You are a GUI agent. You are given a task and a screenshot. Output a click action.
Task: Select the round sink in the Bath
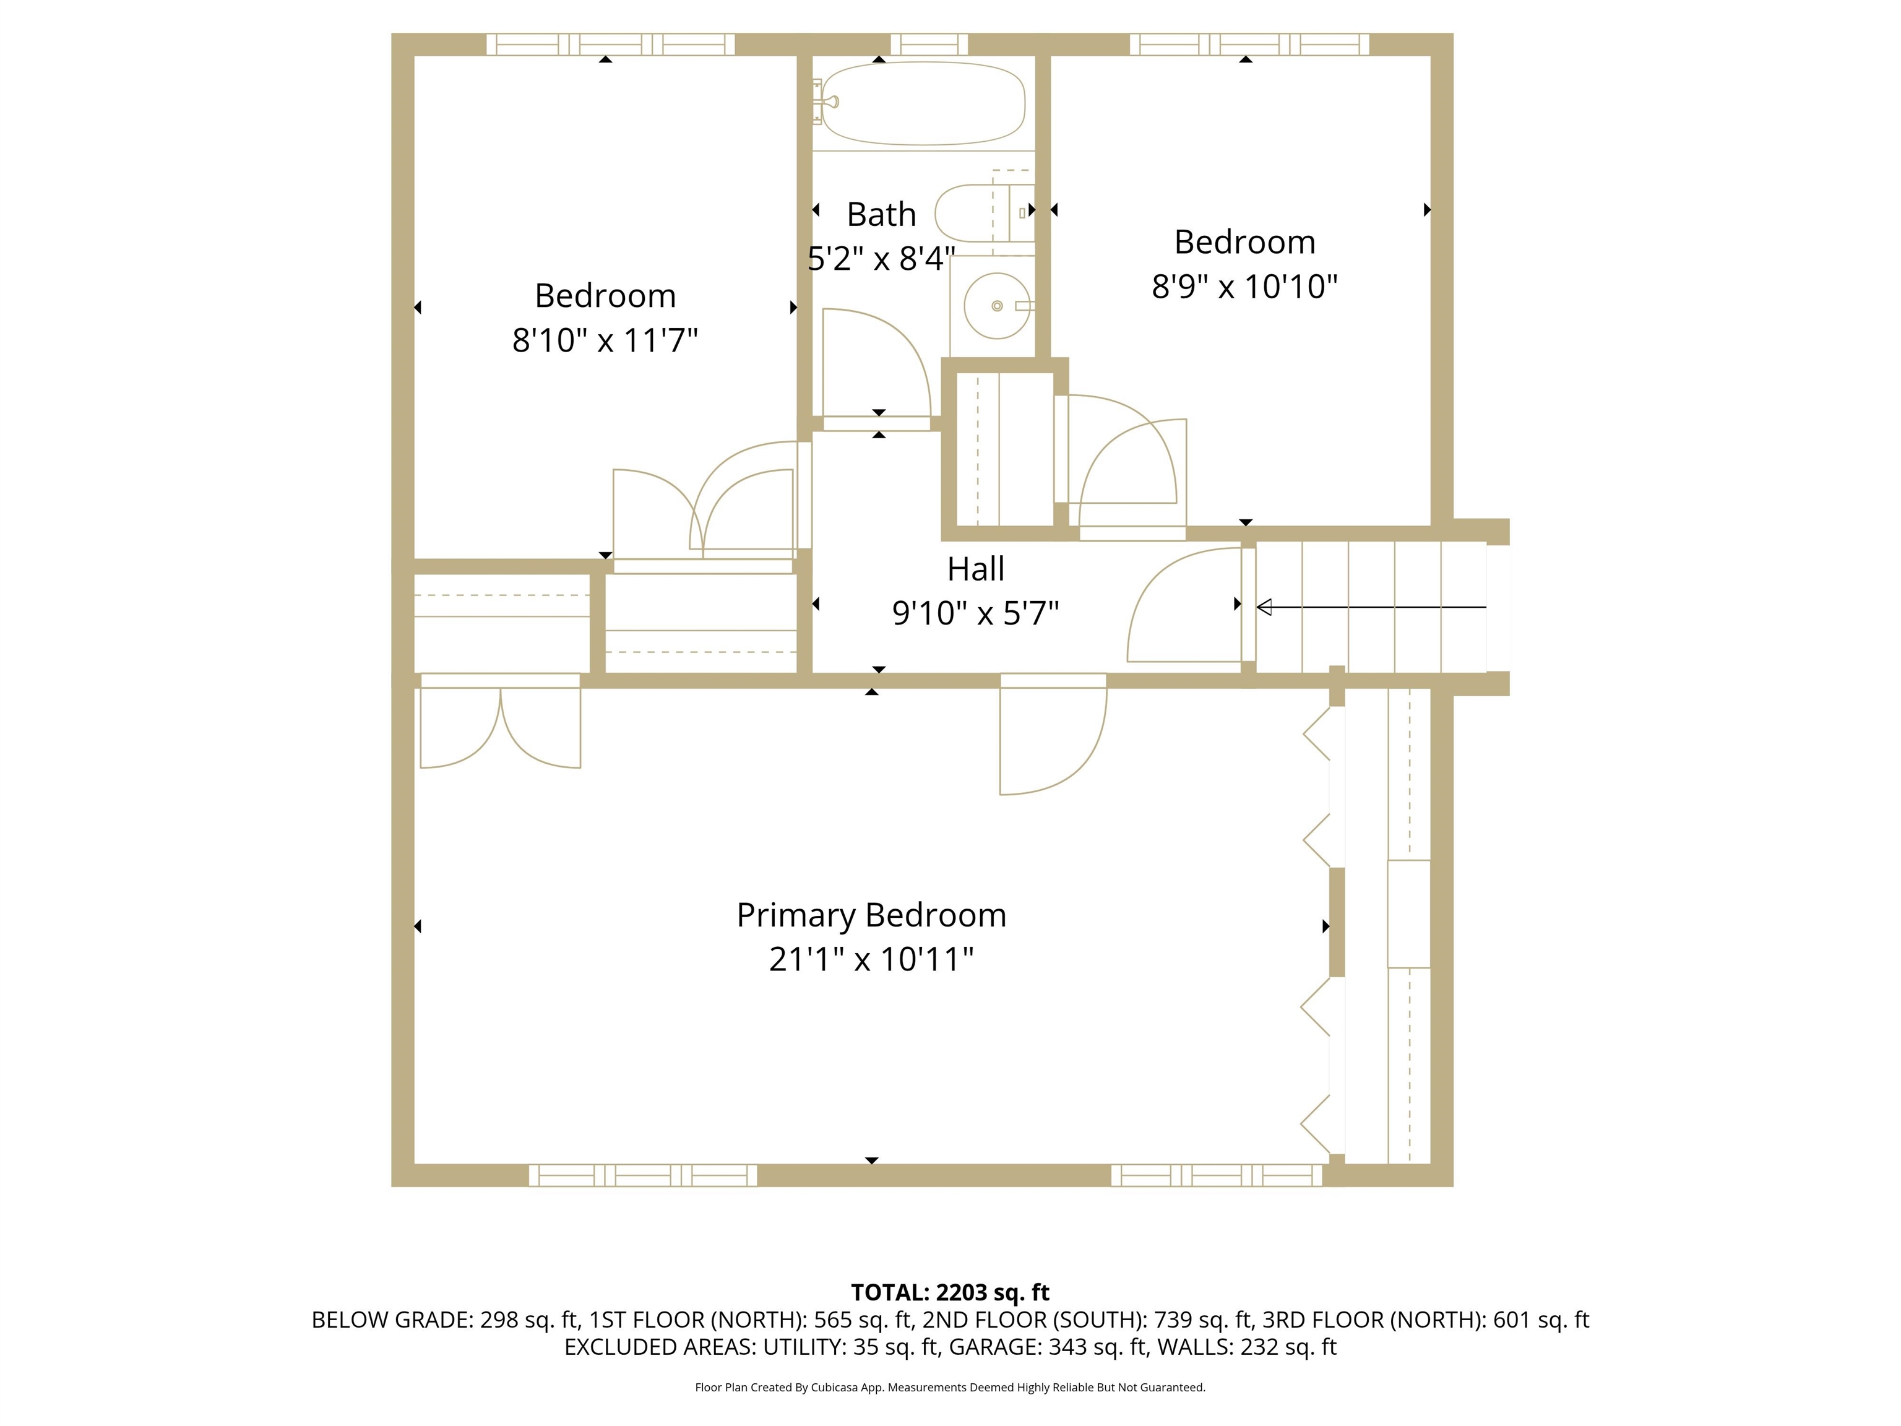click(x=997, y=306)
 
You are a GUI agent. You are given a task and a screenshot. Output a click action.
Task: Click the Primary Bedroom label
click(x=871, y=915)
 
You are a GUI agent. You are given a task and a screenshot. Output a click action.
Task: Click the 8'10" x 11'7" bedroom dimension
click(x=605, y=340)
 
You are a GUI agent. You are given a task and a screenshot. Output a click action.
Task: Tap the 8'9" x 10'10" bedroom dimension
click(x=1244, y=286)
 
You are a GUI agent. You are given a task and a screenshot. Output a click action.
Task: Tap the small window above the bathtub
click(x=928, y=44)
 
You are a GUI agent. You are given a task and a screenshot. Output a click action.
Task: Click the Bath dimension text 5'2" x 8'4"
click(x=881, y=259)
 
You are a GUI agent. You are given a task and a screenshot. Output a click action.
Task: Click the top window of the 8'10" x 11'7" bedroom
click(x=610, y=44)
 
